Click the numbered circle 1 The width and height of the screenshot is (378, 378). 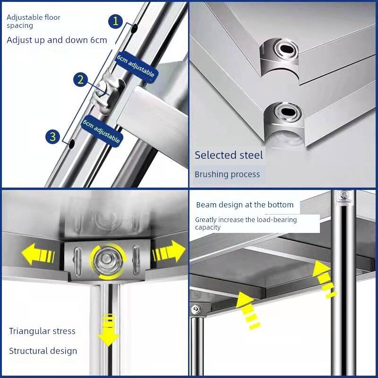115,21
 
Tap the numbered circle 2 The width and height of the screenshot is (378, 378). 80,79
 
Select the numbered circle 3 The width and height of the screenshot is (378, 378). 52,137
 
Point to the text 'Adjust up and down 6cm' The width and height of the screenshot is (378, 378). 57,40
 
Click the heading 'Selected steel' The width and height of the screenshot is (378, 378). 229,155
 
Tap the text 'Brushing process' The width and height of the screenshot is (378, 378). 227,174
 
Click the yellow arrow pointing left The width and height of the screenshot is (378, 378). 38,254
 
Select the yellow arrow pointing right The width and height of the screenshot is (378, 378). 169,251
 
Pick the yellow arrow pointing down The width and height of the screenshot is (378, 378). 109,330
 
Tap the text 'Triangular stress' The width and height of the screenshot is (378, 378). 42,331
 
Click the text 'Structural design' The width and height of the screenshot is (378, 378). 43,351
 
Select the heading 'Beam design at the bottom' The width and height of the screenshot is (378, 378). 245,205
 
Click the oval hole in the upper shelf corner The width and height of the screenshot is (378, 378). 287,49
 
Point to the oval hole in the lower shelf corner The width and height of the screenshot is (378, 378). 288,112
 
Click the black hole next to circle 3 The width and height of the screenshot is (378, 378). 72,144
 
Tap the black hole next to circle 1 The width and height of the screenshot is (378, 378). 134,28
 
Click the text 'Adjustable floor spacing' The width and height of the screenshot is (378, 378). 33,21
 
